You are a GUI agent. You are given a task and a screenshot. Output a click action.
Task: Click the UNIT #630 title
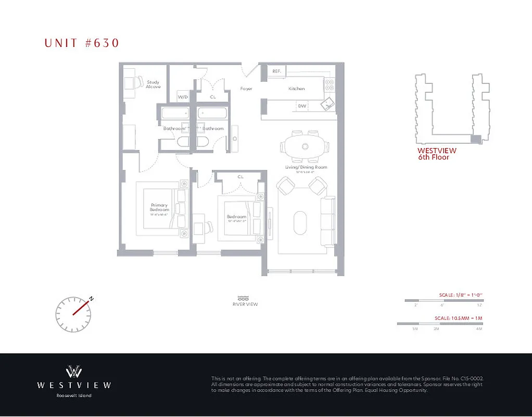(82, 43)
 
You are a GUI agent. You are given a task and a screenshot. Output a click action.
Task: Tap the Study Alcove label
(153, 84)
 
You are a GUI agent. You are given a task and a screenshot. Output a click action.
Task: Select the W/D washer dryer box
(183, 97)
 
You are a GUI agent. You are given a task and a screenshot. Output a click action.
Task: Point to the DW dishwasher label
(302, 106)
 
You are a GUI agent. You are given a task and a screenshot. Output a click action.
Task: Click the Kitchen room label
(297, 89)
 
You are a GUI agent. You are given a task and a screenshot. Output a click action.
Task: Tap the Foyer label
(246, 89)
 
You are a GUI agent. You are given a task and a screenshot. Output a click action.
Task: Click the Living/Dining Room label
(306, 167)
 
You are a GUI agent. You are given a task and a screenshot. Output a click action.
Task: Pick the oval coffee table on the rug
(301, 223)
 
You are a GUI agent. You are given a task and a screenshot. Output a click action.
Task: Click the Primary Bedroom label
(160, 207)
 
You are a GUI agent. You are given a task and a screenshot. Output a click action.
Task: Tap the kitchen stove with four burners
(331, 85)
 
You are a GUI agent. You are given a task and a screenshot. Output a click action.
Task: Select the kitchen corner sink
(328, 104)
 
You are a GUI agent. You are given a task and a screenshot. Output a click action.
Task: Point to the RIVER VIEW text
(245, 304)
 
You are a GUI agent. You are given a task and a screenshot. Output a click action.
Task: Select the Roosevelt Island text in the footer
(74, 396)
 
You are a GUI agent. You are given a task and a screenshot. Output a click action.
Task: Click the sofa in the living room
(327, 221)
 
